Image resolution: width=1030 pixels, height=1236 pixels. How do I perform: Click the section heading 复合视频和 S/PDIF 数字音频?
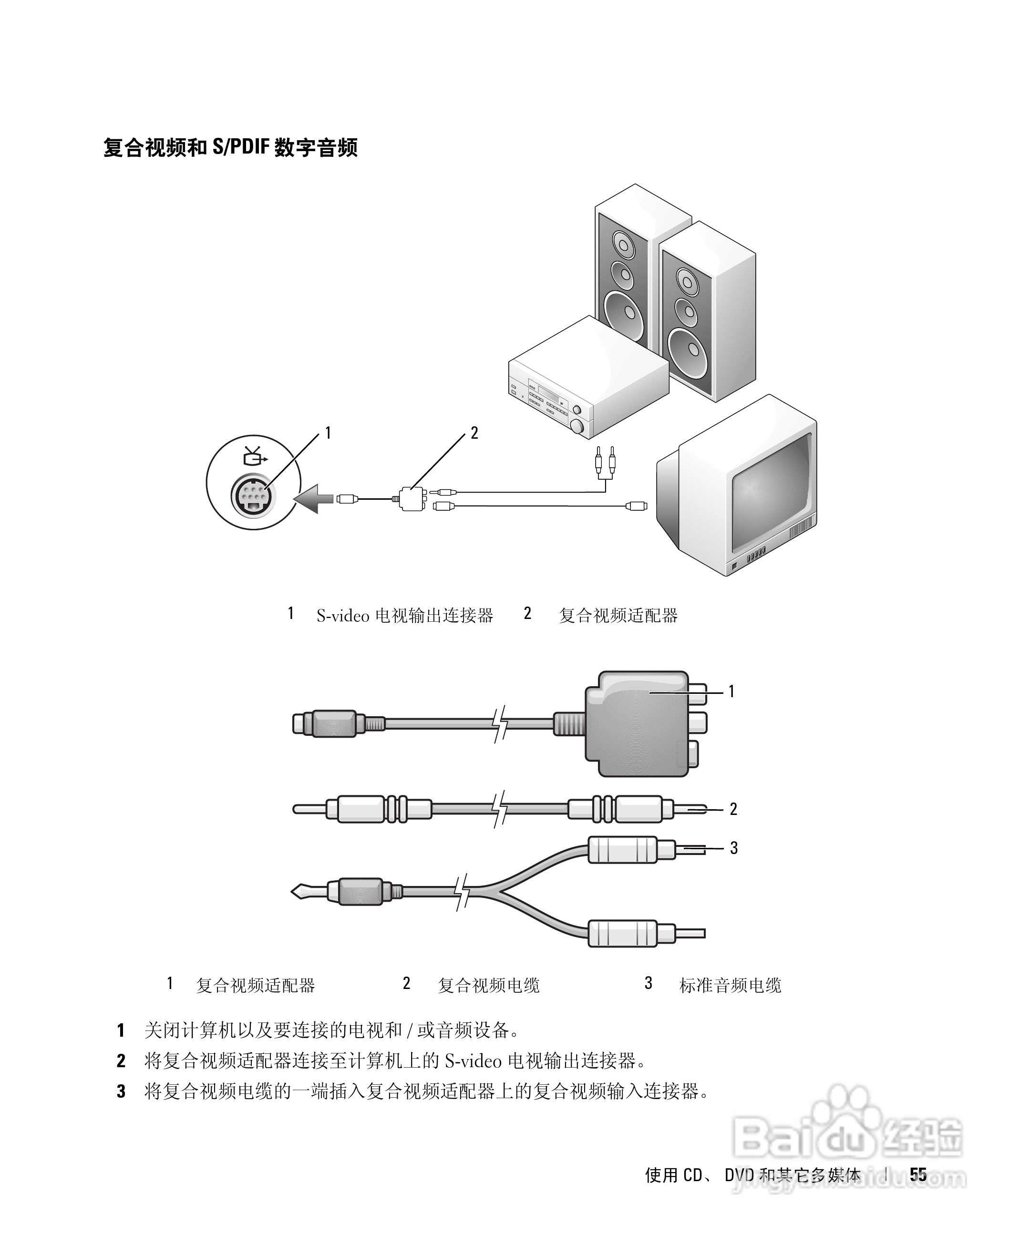tap(230, 147)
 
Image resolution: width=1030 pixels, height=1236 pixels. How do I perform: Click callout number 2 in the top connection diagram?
tap(474, 433)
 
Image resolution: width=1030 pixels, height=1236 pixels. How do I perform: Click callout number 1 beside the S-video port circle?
tap(328, 433)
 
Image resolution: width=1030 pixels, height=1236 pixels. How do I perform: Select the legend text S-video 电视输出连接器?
tap(404, 616)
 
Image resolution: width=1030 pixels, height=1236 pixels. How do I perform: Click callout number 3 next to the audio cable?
tap(733, 848)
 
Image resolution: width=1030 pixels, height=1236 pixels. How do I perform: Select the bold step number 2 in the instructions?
tap(121, 1061)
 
